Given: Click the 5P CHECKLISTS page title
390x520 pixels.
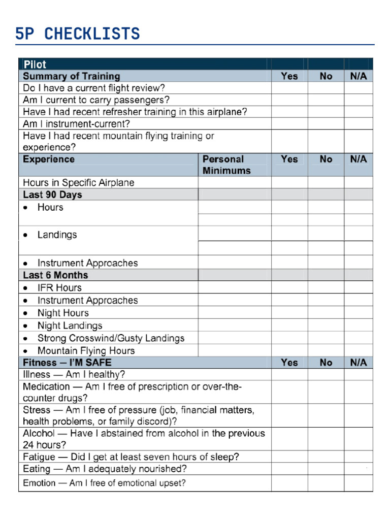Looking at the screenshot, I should coord(77,34).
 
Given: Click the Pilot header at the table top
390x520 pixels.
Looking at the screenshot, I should coord(35,64).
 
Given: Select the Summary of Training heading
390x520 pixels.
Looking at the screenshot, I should coord(72,76).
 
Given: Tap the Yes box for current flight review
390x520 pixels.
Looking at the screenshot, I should coord(289,88).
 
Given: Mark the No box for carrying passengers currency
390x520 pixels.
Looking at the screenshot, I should coord(326,100).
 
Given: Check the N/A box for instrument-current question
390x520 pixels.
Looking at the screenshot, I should coord(358,124).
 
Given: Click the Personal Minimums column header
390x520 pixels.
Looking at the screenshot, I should coord(226,165).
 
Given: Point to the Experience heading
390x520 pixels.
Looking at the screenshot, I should coord(49,159).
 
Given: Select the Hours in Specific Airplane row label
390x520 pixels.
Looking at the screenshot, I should coord(79,183).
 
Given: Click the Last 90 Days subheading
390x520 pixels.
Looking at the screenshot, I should coord(52,195).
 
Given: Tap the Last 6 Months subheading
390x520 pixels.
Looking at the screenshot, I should coord(55,275).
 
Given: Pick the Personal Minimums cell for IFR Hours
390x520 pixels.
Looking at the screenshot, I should coord(234,288).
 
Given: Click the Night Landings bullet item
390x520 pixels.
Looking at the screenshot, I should coord(70,326).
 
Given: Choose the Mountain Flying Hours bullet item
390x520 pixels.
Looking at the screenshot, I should coord(86,351).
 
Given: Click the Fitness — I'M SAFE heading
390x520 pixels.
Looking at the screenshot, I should coord(67,363).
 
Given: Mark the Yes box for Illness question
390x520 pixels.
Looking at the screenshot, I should coord(289,375).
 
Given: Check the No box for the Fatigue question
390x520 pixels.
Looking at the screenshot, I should coord(326,457).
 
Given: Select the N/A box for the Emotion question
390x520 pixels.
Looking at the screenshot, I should coord(358,483).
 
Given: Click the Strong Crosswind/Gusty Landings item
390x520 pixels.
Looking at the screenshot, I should coord(111,338).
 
